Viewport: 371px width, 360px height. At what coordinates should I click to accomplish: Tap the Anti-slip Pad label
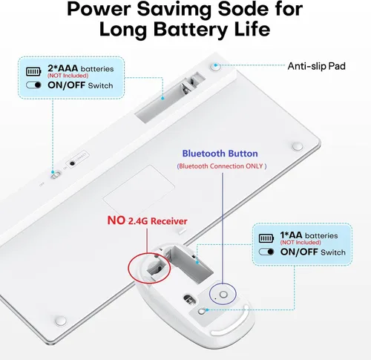pyautogui.click(x=316, y=66)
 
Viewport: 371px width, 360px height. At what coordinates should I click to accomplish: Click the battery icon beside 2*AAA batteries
pyautogui.click(x=33, y=71)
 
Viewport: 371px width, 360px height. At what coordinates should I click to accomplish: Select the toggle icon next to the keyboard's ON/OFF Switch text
pyautogui.click(x=33, y=85)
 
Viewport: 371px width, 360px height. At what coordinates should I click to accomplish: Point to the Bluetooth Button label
pyautogui.click(x=220, y=154)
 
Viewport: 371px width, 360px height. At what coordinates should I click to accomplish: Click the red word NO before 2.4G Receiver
pyautogui.click(x=116, y=220)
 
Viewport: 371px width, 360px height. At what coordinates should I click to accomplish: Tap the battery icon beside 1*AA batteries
pyautogui.click(x=266, y=238)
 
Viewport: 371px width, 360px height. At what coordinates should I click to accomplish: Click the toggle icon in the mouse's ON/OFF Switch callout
pyautogui.click(x=266, y=252)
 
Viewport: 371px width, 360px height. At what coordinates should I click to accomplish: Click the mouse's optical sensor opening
pyautogui.click(x=189, y=299)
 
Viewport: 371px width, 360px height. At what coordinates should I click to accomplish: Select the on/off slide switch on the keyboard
pyautogui.click(x=56, y=175)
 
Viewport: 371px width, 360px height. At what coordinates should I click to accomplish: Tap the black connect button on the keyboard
pyautogui.click(x=72, y=163)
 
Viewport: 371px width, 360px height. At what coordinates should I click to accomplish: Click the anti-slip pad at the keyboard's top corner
pyautogui.click(x=216, y=67)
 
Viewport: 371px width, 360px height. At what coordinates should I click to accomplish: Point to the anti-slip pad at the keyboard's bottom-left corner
pyautogui.click(x=61, y=321)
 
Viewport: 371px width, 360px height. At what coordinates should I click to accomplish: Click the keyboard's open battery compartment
pyautogui.click(x=171, y=96)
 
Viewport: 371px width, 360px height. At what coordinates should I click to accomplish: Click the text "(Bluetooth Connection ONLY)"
pyautogui.click(x=222, y=166)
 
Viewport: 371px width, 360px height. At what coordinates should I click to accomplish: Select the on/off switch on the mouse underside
pyautogui.click(x=203, y=311)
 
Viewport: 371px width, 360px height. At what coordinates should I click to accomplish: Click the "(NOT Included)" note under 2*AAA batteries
pyautogui.click(x=68, y=76)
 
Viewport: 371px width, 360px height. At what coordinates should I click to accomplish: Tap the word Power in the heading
pyautogui.click(x=99, y=9)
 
